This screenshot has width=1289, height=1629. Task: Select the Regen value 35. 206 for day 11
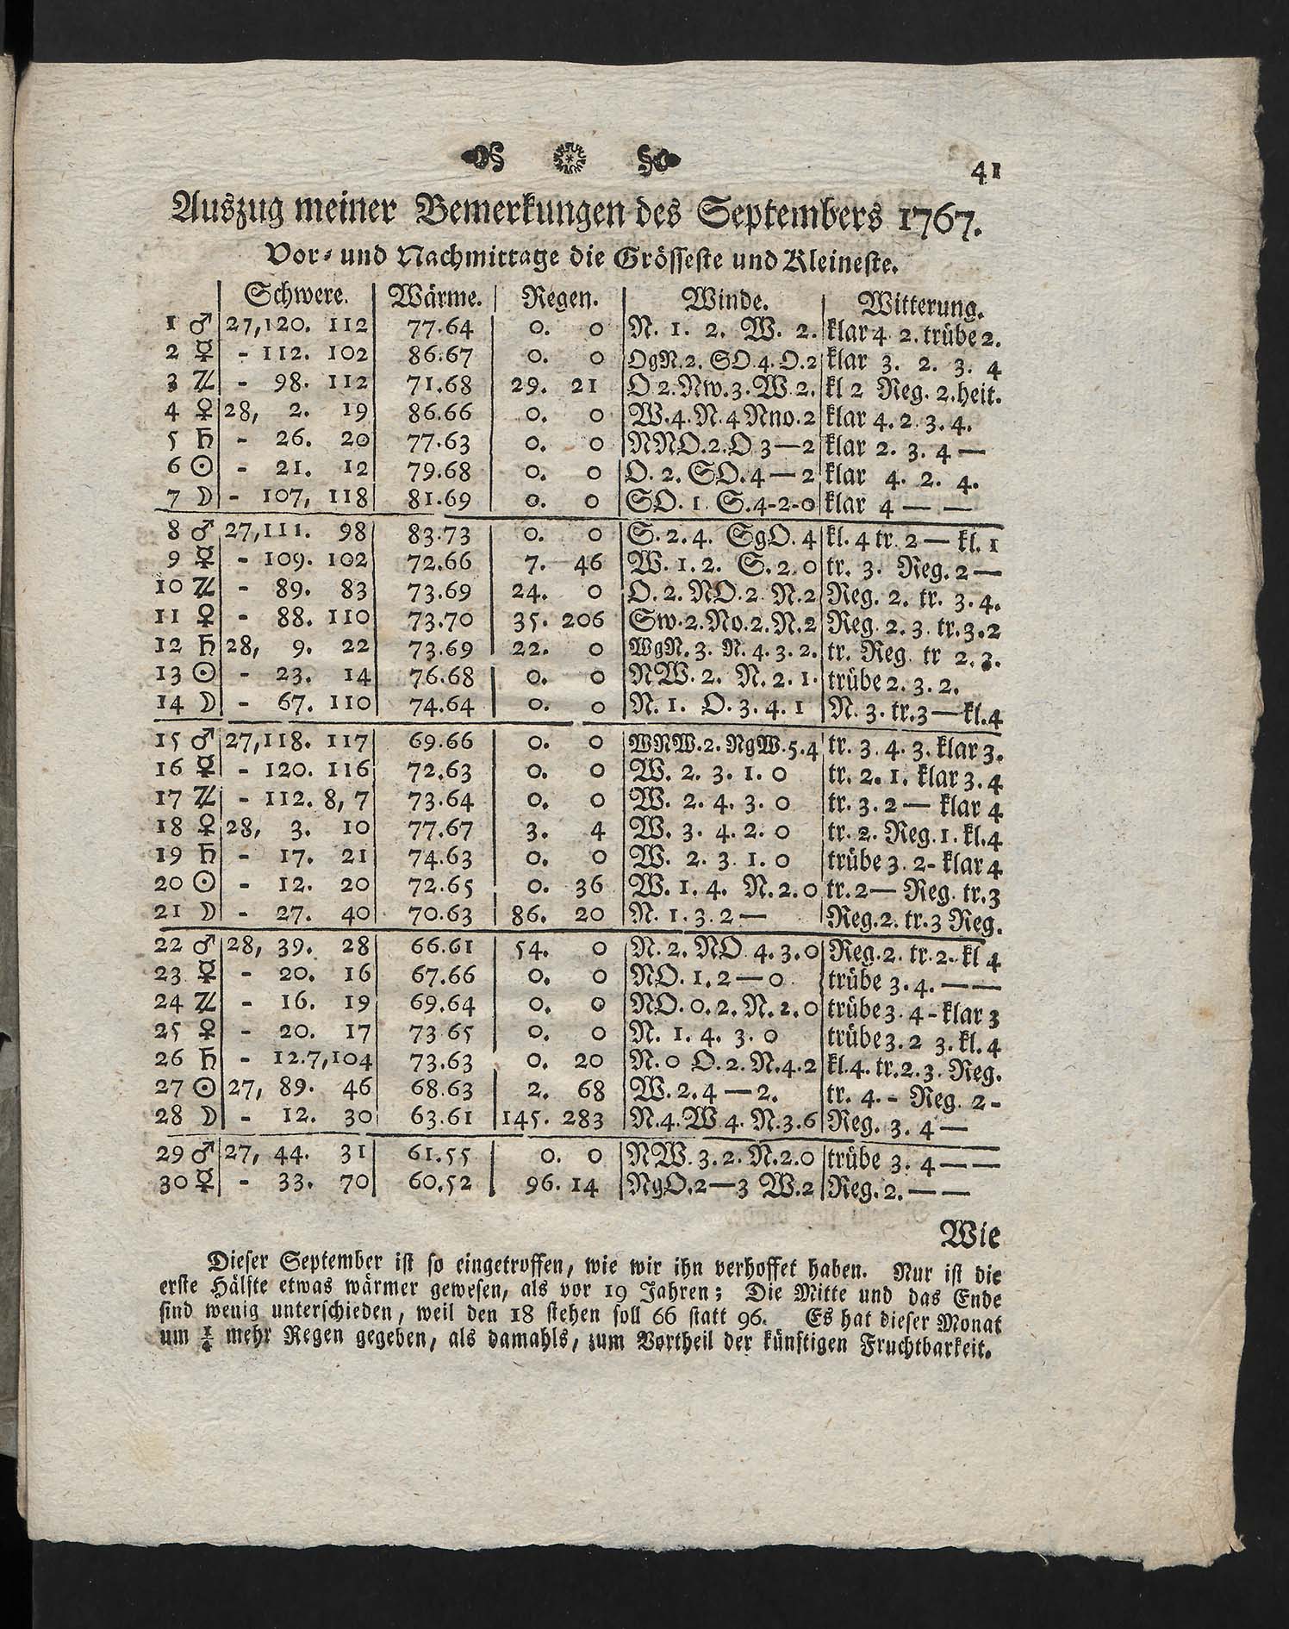(x=557, y=621)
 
